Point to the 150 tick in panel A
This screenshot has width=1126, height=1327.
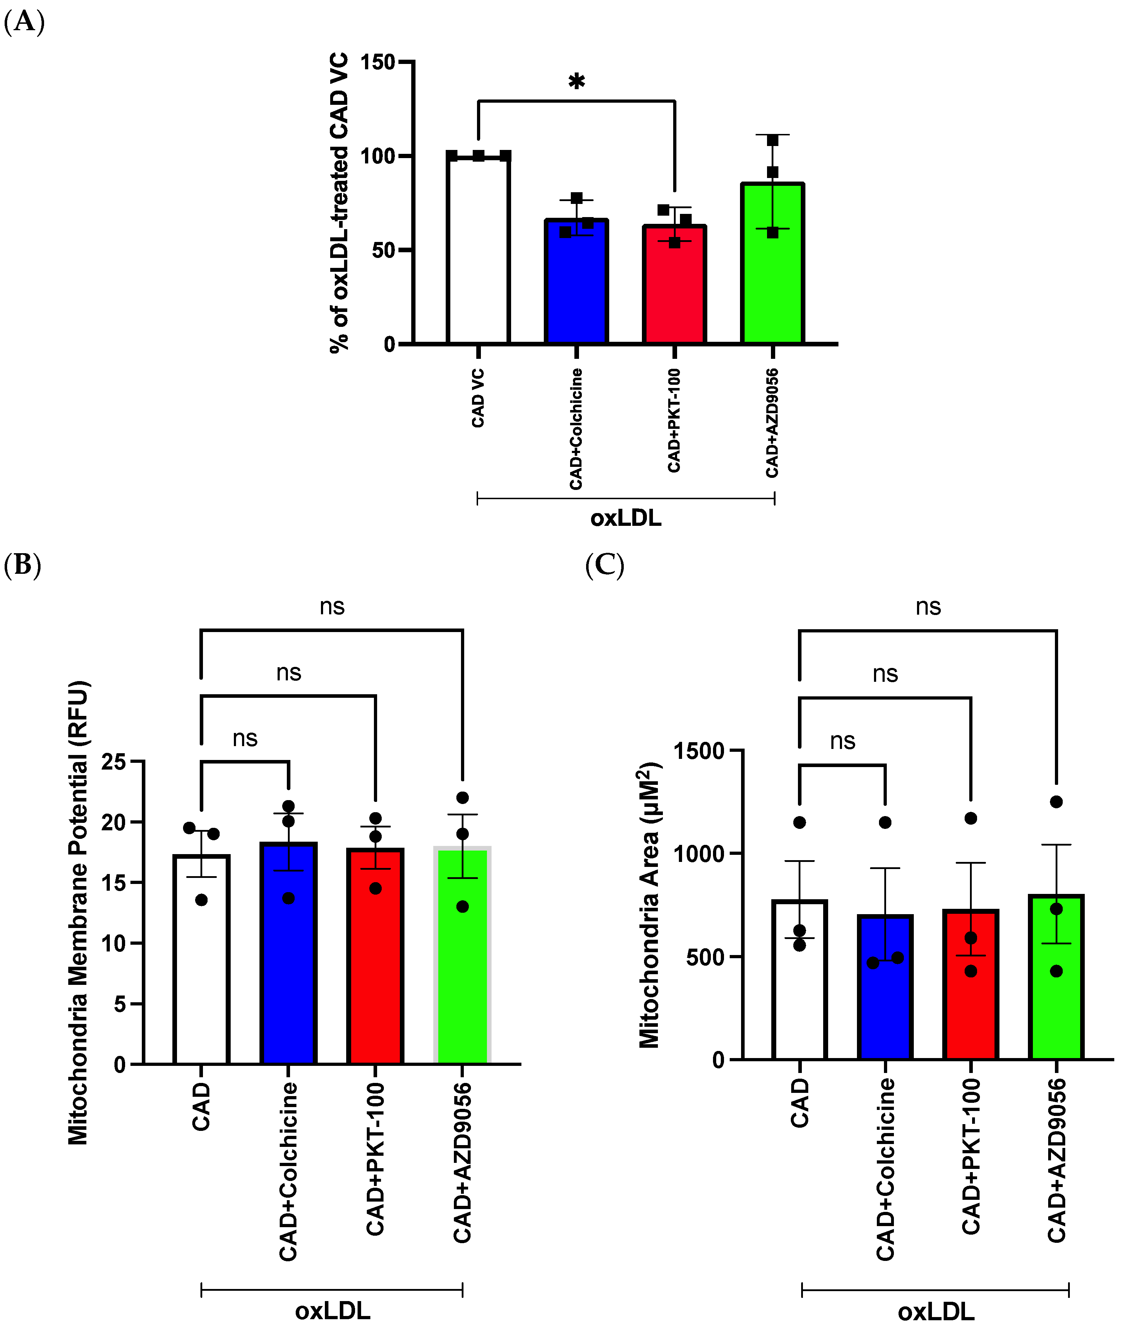coord(378,63)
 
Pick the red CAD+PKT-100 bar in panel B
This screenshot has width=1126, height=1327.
coord(375,957)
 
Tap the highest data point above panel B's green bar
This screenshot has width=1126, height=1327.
coord(463,798)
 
